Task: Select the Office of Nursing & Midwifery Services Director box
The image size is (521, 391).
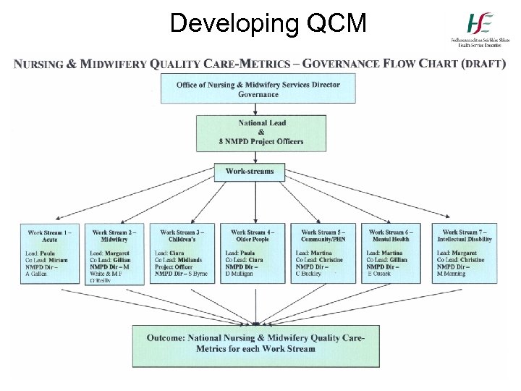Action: pyautogui.click(x=258, y=90)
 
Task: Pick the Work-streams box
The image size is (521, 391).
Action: pyautogui.click(x=250, y=172)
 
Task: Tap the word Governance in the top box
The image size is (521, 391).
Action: pyautogui.click(x=258, y=95)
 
